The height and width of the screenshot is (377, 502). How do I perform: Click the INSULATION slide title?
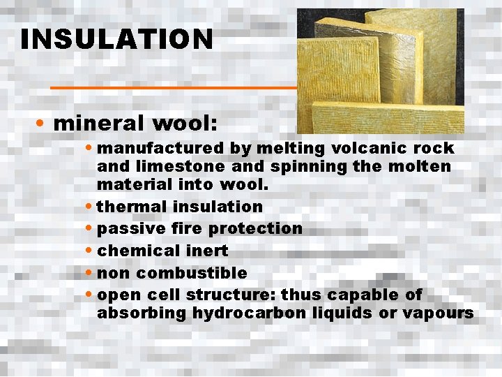click(x=116, y=39)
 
